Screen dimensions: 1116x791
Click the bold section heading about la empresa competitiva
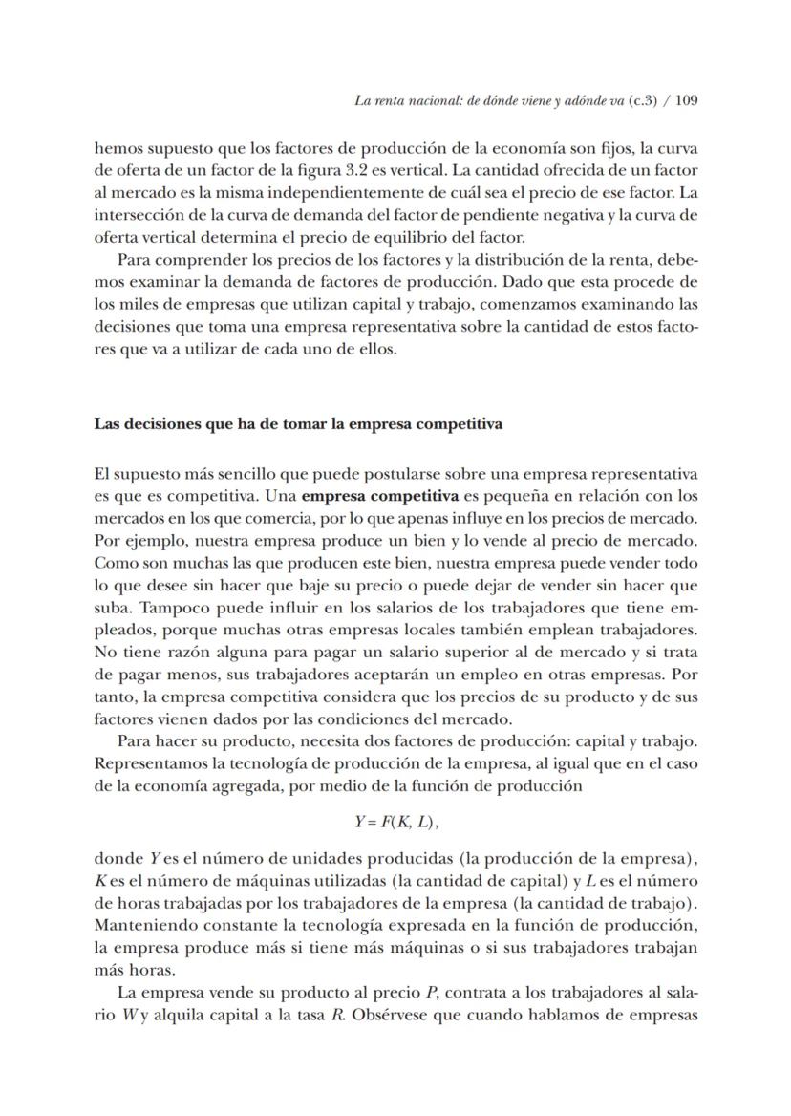(x=298, y=424)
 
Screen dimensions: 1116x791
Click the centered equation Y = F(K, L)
(x=395, y=820)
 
